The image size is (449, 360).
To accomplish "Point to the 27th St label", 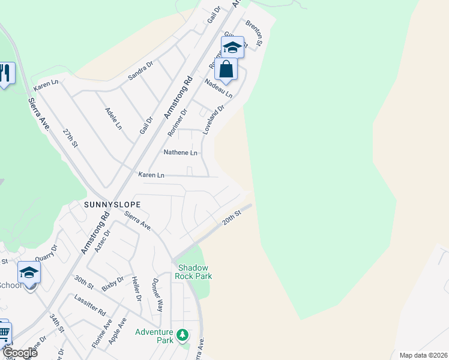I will click(71, 137).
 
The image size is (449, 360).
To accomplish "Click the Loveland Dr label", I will click(213, 119).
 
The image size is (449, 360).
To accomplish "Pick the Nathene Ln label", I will click(181, 152).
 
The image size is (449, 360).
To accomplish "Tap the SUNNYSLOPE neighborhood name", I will click(112, 205).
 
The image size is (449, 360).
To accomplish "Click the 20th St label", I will click(232, 217).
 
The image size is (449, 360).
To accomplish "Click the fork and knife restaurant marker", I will click(5, 73).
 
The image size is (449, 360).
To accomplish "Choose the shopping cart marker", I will click(4, 332).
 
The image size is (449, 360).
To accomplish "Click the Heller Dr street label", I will click(135, 290).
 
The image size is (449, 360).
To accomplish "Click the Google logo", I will click(20, 353).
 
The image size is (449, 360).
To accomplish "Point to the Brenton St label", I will click(254, 33).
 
